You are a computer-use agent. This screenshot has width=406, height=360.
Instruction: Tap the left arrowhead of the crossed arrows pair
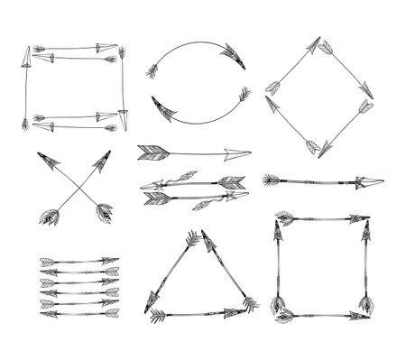point(48,160)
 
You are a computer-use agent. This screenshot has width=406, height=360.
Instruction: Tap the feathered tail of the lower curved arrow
point(243,96)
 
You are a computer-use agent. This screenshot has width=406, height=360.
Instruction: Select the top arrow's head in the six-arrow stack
point(111,260)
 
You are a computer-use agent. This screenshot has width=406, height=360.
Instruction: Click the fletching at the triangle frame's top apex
point(193,239)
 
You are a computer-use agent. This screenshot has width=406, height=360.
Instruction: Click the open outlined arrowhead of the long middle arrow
point(238,152)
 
